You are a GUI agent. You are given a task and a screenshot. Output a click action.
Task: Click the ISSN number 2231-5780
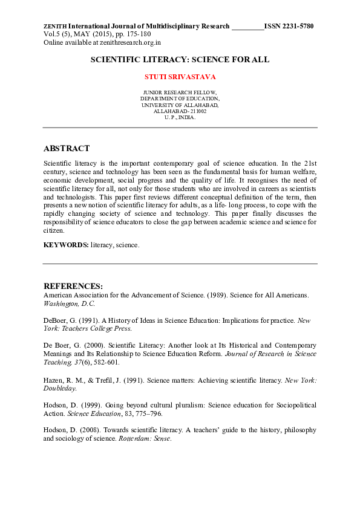coord(296,27)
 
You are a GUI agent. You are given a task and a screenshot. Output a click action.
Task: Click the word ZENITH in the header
coord(55,27)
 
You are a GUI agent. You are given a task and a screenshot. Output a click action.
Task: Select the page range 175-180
coord(138,34)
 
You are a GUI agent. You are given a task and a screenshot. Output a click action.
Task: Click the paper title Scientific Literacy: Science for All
coord(180,60)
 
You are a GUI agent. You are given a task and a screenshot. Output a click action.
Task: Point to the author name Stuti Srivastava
coord(180,77)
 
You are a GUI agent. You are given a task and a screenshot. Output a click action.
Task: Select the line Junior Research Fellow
coord(180,92)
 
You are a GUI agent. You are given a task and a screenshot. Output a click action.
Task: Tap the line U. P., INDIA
coord(180,117)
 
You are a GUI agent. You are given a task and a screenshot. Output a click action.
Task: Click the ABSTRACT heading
coord(67,149)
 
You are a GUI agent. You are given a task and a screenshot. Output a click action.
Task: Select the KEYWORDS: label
coord(66,244)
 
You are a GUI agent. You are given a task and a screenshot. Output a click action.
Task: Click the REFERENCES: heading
coord(73,286)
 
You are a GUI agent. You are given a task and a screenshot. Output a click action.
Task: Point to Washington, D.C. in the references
coord(70,303)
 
